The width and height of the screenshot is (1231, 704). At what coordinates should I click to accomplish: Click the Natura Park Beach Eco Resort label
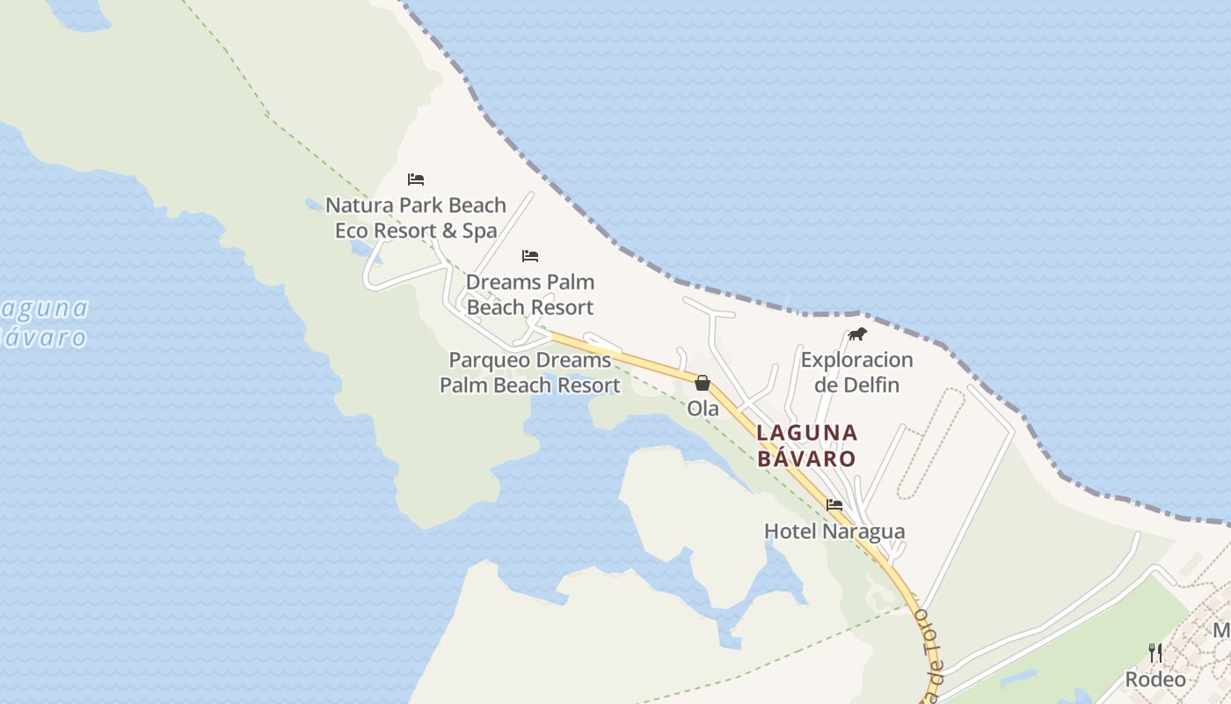point(416,217)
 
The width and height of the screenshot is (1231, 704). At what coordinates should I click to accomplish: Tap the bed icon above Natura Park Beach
point(416,180)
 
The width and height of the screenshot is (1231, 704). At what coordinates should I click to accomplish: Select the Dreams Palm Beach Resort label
point(530,294)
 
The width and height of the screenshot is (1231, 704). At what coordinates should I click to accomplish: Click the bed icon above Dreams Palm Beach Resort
point(530,256)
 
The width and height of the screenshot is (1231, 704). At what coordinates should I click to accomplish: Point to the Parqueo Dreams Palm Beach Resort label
point(530,372)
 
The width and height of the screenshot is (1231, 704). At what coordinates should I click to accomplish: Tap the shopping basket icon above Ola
point(703,383)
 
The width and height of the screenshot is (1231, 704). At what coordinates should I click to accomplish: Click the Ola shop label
point(703,408)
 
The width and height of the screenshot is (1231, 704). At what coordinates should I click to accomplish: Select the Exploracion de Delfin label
point(856,372)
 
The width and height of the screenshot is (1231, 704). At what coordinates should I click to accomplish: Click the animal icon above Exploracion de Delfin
point(856,334)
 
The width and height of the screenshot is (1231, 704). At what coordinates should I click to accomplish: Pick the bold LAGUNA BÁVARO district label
point(806,445)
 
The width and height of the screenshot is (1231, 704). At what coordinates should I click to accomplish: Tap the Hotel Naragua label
point(834,532)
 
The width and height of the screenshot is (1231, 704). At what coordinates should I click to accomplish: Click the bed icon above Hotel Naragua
point(834,505)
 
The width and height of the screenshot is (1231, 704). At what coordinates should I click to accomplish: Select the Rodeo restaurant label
point(1155,679)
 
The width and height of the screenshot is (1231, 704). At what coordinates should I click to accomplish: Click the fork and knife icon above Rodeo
point(1155,652)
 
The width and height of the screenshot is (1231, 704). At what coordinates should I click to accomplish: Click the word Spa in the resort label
point(480,231)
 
